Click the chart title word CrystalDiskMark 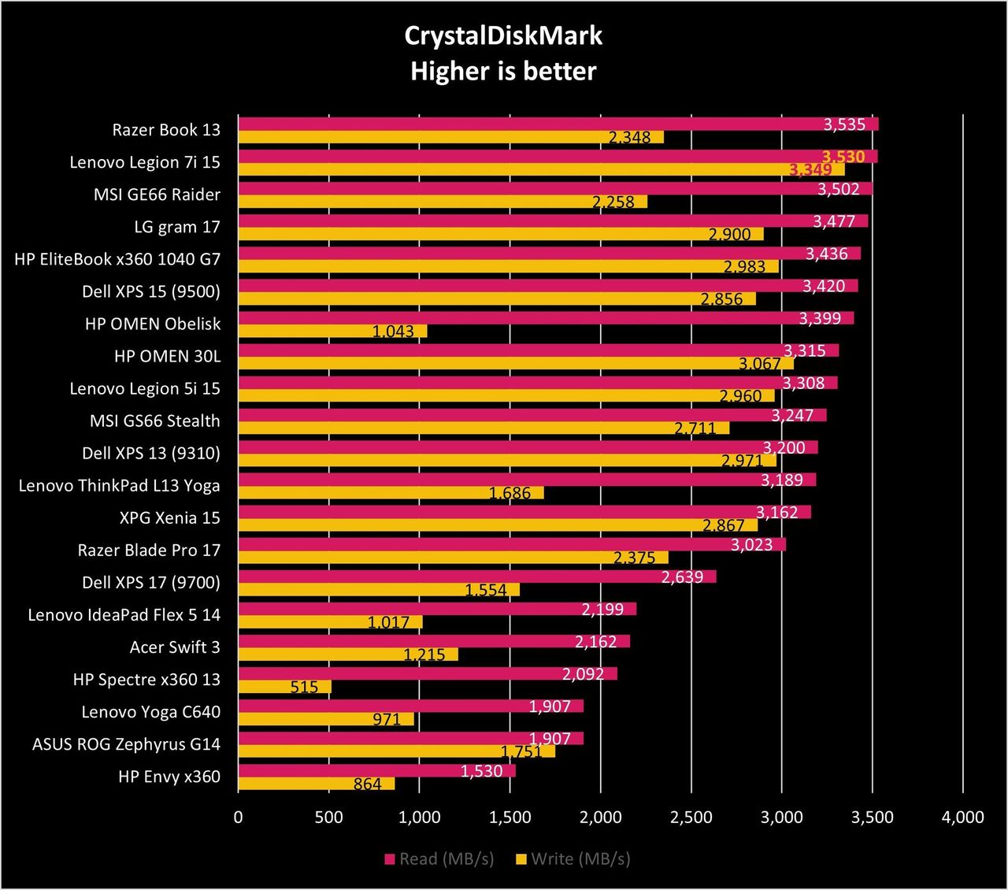(x=503, y=36)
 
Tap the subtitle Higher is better (x=503, y=71)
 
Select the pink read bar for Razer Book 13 (x=558, y=124)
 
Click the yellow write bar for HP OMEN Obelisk (x=332, y=331)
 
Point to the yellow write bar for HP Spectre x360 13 (x=284, y=687)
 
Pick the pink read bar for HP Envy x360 (x=376, y=770)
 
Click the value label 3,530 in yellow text (x=843, y=157)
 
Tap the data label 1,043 (x=393, y=331)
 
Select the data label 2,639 (x=682, y=577)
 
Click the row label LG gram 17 (x=177, y=227)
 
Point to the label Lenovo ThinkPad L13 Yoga (x=120, y=486)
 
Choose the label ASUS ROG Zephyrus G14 (x=126, y=744)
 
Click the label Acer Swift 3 (x=175, y=647)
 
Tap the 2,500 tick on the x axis (x=691, y=817)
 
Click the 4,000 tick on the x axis (x=963, y=817)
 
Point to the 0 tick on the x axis (x=239, y=817)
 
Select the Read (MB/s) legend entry (x=439, y=858)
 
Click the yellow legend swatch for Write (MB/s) (x=521, y=859)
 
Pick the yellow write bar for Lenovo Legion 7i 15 (x=541, y=170)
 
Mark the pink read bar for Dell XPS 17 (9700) (x=477, y=577)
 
